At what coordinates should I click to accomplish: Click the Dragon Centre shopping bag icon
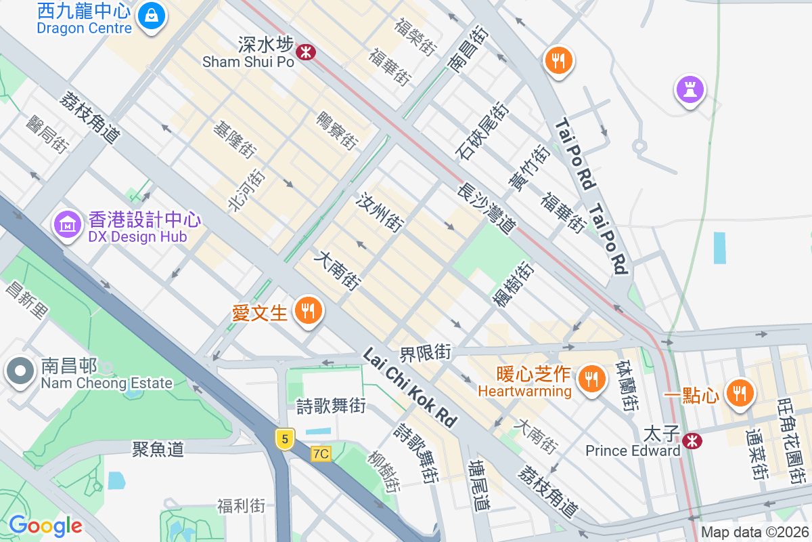152,15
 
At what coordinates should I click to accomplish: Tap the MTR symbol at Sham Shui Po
307,51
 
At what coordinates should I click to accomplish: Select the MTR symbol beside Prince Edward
692,441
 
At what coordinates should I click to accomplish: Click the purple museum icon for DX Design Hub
68,224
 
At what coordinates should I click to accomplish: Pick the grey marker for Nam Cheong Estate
20,371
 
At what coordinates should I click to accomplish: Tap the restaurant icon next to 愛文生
309,311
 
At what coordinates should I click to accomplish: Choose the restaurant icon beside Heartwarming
593,377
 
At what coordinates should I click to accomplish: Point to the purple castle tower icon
690,88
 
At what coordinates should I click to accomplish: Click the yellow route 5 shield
285,439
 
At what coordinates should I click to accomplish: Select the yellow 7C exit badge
321,453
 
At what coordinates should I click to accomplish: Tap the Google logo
45,526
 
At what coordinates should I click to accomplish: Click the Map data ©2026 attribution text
754,533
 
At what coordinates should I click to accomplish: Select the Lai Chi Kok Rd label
410,388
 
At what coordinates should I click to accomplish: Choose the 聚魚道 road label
158,449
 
